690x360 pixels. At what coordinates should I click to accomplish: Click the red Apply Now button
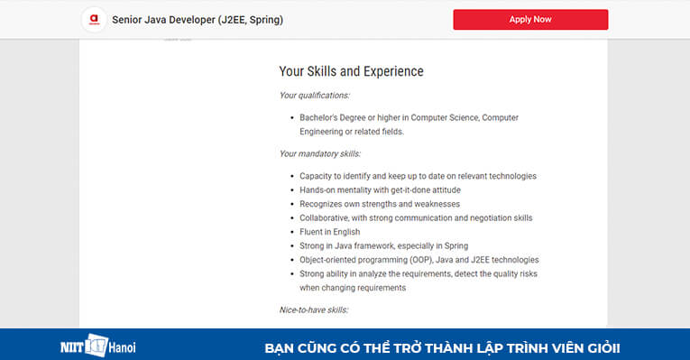point(530,19)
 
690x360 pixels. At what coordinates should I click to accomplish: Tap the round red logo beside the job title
point(91,19)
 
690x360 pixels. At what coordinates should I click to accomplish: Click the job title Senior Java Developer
point(198,19)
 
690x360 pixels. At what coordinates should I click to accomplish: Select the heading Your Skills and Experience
point(351,71)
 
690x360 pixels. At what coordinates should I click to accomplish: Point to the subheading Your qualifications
point(314,95)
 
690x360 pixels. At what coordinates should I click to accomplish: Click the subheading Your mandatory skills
point(319,153)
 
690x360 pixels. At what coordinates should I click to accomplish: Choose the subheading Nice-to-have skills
point(314,310)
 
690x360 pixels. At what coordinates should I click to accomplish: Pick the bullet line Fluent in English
point(329,232)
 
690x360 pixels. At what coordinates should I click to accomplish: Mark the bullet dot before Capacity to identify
point(290,176)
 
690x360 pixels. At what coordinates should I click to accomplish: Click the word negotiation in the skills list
point(486,217)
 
